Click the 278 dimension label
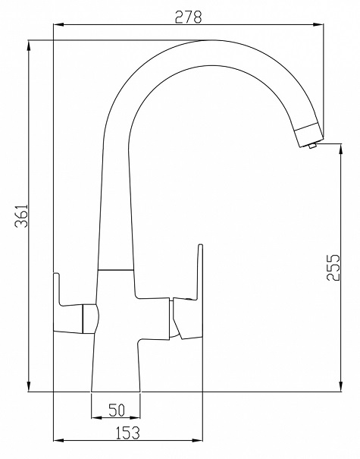[188, 17]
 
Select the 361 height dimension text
[22, 215]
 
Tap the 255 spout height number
[333, 267]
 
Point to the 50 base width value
[117, 410]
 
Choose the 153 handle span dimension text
[128, 433]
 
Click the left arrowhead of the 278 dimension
[59, 25]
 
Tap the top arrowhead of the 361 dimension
[29, 46]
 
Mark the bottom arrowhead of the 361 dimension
[29, 385]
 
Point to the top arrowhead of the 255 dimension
[341, 149]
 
